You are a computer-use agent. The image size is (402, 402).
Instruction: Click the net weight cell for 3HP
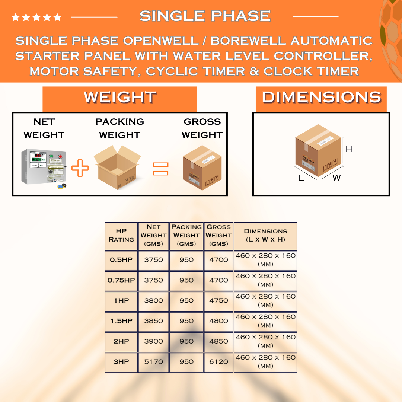tap(154, 362)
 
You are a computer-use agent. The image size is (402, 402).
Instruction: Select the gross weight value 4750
tap(219, 300)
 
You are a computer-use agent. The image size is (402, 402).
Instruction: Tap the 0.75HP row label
tap(121, 280)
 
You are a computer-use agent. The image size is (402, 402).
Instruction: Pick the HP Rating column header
tap(121, 235)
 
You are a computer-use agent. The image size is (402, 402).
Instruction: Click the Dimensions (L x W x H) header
tap(266, 235)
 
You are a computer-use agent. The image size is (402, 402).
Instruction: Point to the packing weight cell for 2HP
tap(186, 341)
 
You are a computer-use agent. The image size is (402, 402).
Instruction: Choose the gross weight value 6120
tap(219, 362)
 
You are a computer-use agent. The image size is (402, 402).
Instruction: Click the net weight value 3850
tap(154, 321)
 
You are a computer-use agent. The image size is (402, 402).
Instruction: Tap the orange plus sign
tap(80, 168)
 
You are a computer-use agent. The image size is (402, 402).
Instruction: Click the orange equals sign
tap(160, 169)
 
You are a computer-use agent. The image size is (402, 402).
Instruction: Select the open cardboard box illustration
tap(117, 167)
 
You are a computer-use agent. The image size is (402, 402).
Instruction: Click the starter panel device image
tap(44, 168)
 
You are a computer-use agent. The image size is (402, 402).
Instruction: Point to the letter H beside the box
tap(349, 149)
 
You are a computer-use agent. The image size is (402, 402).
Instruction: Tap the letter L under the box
tap(301, 178)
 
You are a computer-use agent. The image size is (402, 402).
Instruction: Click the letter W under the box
tap(336, 178)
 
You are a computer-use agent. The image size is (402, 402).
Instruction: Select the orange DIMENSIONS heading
tap(321, 98)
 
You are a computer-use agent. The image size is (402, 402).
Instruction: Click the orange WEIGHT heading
tap(120, 98)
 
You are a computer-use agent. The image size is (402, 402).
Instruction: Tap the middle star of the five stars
tap(36, 17)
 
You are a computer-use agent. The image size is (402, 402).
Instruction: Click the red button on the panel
tap(60, 156)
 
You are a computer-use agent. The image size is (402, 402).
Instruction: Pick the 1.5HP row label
tap(121, 321)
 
